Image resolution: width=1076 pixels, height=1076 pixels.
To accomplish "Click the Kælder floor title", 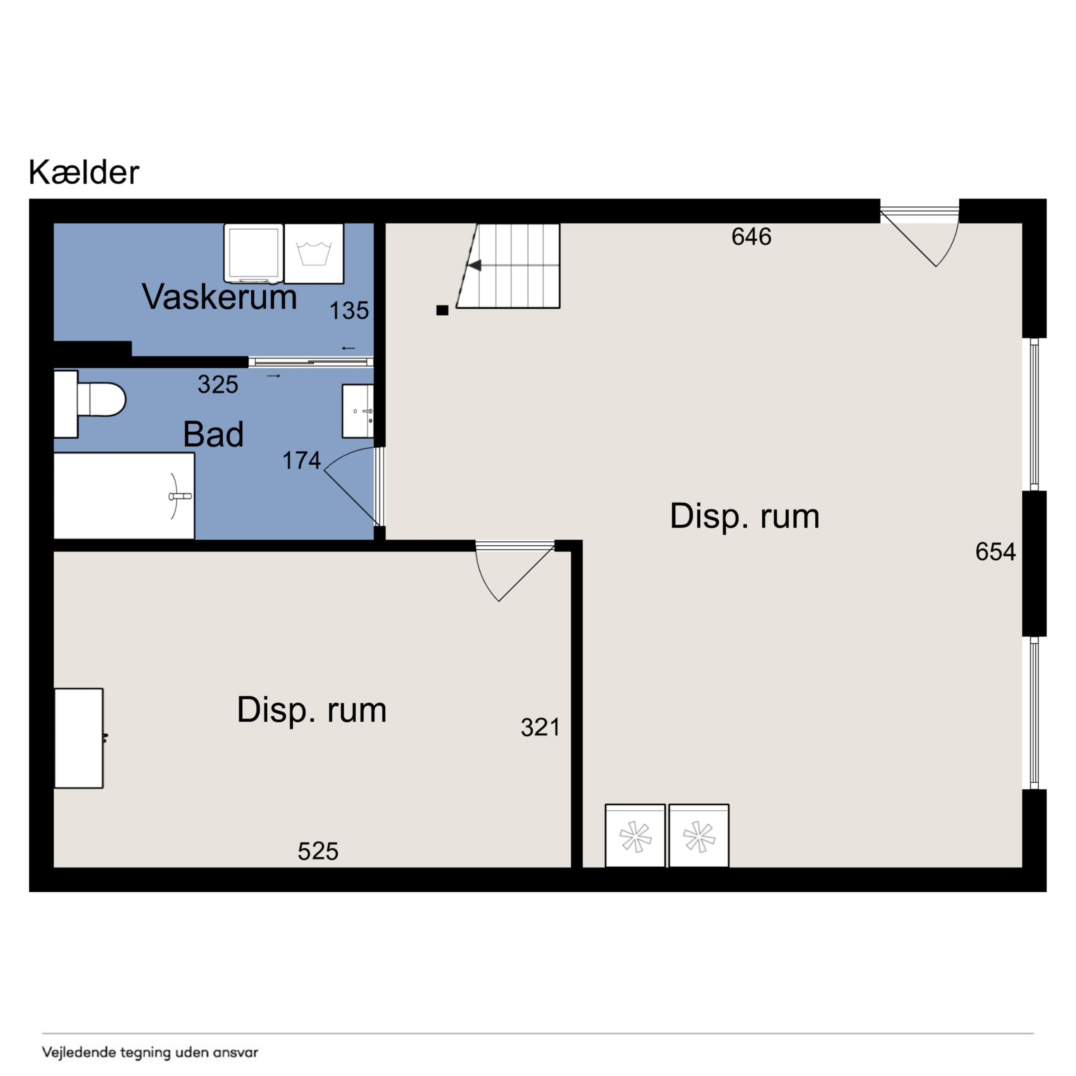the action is coord(84,173).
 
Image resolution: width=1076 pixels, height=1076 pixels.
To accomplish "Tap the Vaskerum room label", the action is coord(219,296).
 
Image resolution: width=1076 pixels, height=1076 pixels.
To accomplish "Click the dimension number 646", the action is coord(751,237).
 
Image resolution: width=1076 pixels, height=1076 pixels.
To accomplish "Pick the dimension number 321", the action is coord(540,728).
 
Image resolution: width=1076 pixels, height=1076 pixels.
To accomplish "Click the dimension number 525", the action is coord(318,851).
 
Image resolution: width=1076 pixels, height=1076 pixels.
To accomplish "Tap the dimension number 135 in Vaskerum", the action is coord(349,311).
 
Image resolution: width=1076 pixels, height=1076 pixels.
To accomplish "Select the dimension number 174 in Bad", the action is coord(301,461).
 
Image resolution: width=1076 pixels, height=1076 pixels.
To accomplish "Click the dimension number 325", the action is coord(218,384).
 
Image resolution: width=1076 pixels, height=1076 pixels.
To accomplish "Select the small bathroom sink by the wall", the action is coord(358,411).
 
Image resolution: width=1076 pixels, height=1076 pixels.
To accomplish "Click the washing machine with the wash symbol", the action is coord(314,253).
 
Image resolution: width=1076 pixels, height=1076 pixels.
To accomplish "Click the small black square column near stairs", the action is coord(442,310).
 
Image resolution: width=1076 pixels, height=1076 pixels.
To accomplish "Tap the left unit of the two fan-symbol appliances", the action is coord(635,836).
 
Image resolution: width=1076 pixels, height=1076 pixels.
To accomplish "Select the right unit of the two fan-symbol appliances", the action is coord(699,836).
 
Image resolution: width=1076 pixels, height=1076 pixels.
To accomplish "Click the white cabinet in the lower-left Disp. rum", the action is coord(79,738).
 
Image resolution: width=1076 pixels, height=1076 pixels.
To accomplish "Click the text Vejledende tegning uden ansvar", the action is coord(150,1052).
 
